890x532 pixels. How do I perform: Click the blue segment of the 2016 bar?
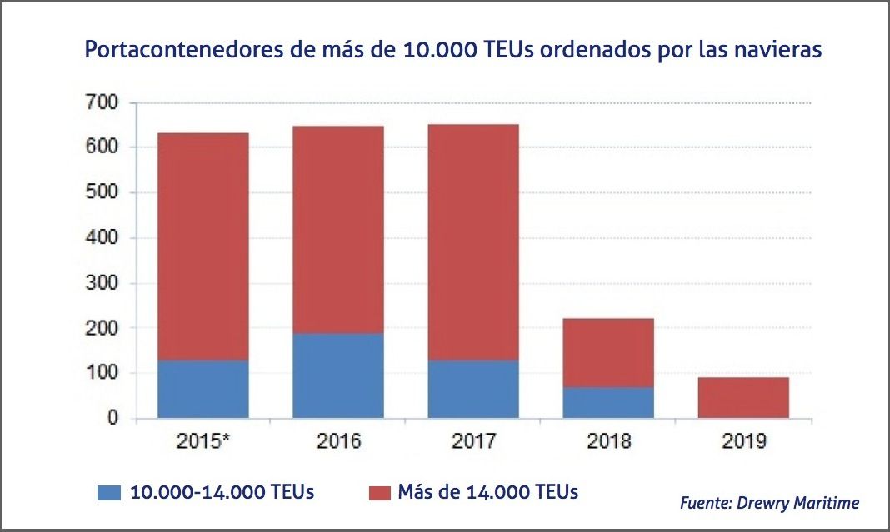[x=338, y=375]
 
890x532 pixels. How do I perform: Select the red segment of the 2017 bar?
[x=473, y=242]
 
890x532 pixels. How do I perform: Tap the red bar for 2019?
[x=743, y=397]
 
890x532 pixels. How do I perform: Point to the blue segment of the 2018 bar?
[x=608, y=402]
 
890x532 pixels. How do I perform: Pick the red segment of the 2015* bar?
[x=203, y=246]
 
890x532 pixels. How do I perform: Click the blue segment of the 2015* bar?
[x=203, y=389]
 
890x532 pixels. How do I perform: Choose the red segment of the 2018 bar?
[x=608, y=353]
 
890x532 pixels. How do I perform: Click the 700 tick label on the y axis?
[x=102, y=103]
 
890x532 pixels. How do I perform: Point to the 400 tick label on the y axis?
[x=102, y=238]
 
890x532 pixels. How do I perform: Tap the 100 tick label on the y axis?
[x=102, y=373]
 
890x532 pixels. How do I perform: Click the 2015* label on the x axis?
[x=203, y=441]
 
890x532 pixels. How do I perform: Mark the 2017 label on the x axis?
[x=473, y=441]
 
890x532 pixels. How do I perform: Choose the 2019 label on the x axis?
[x=743, y=441]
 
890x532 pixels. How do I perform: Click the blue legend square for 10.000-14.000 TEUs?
[x=108, y=492]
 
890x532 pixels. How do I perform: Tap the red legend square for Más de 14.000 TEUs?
[x=381, y=492]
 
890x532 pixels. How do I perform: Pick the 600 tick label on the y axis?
[x=102, y=148]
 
